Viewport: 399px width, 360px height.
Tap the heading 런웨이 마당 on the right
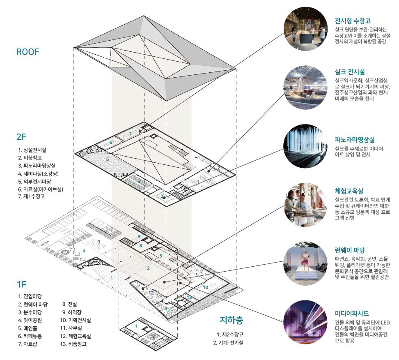tap(350, 250)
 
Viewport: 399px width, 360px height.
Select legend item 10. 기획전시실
tap(76, 320)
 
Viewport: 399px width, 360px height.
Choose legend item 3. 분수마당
tap(32, 312)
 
